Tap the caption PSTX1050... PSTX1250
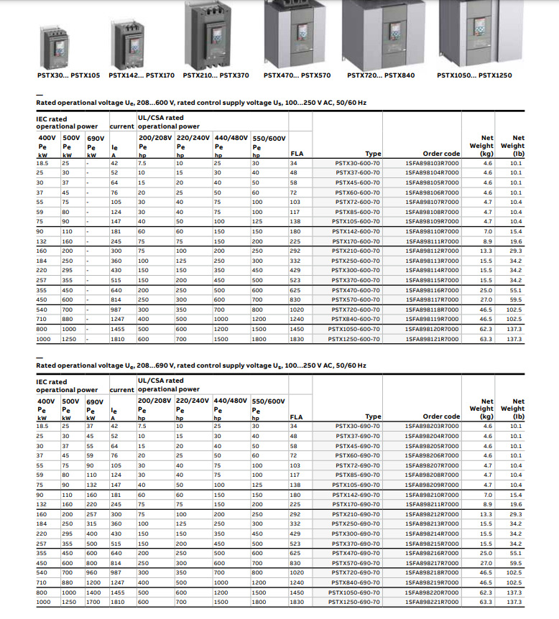[x=474, y=74]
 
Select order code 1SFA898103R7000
[x=431, y=163]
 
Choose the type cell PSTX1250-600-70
[x=354, y=338]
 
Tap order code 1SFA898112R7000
[x=431, y=251]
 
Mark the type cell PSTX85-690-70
[x=358, y=474]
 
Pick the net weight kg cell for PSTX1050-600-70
[x=486, y=327]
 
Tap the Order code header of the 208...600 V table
[x=441, y=154]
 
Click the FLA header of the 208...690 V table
[x=296, y=416]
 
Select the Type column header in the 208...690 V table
[x=373, y=416]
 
